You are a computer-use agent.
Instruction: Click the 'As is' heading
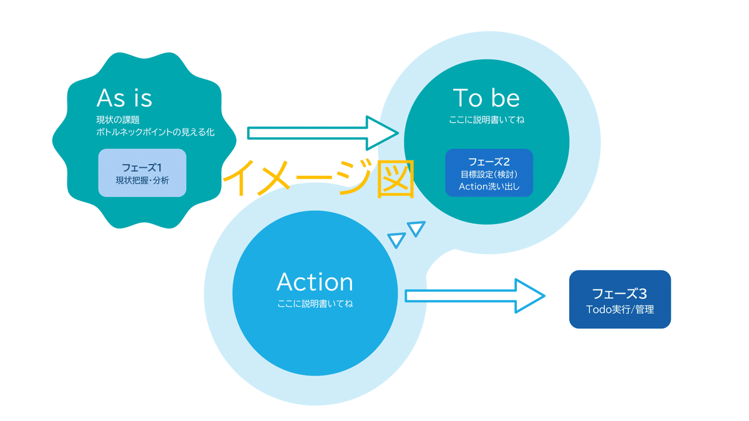[124, 98]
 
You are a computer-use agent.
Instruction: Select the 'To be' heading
[486, 97]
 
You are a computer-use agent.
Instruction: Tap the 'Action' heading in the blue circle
[315, 282]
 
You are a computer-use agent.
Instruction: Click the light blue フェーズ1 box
[142, 173]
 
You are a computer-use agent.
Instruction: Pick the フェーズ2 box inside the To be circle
[489, 173]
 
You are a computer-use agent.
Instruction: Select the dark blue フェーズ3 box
[620, 299]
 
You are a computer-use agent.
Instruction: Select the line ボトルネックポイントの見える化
[155, 132]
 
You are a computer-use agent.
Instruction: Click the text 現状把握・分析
[142, 180]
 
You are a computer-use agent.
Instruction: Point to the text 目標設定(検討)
[489, 174]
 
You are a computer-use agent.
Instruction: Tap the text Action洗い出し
[489, 186]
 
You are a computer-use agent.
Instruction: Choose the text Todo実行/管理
[620, 309]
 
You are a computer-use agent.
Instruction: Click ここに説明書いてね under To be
[486, 119]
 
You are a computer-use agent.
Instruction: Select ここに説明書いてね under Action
[315, 304]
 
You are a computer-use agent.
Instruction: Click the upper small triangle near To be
[416, 228]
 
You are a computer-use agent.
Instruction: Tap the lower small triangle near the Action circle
[396, 240]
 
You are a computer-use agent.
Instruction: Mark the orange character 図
[394, 180]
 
